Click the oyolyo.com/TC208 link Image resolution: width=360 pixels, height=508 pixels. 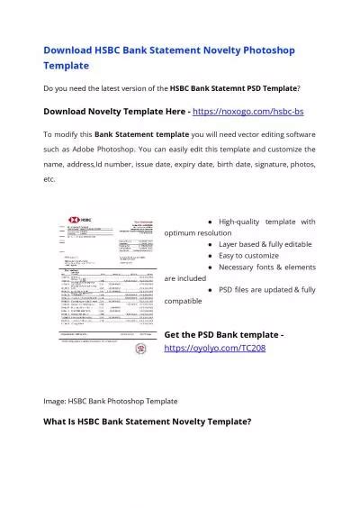click(x=215, y=347)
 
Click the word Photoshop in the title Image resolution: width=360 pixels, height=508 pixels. click(x=260, y=50)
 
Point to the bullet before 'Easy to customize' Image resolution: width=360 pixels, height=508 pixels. click(x=210, y=256)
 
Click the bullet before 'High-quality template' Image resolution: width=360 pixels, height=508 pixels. click(x=210, y=222)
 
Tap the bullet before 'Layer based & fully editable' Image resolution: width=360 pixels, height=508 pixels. click(x=210, y=244)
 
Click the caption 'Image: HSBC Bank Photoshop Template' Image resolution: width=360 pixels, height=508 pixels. click(x=110, y=400)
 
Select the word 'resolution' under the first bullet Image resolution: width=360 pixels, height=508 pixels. click(x=216, y=232)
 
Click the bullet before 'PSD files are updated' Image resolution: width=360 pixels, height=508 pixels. click(x=210, y=290)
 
